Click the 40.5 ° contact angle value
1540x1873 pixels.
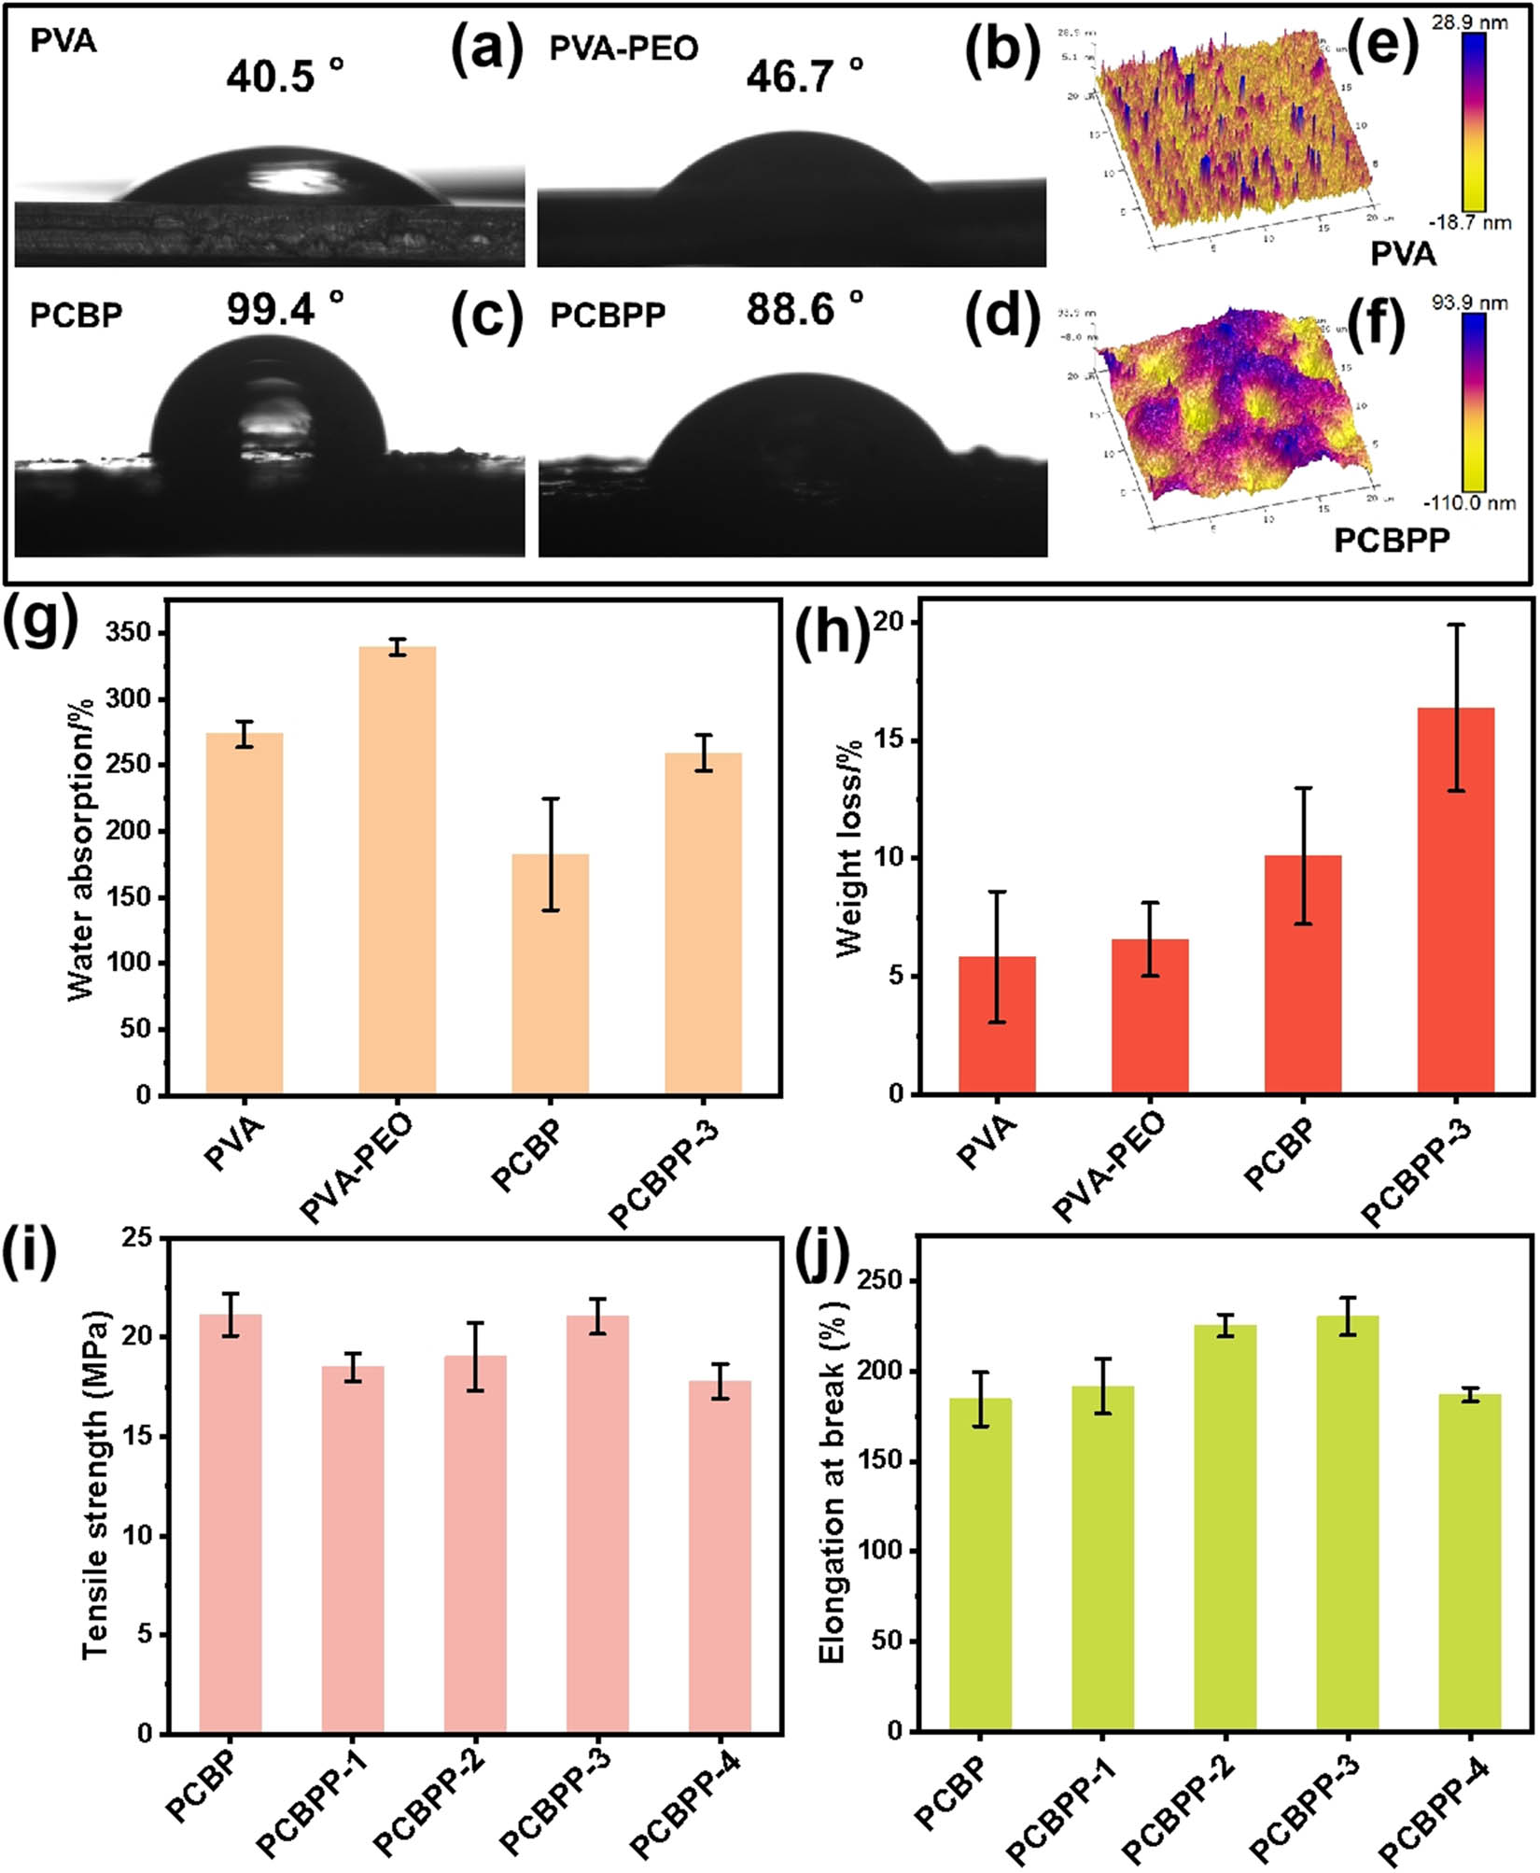(x=285, y=75)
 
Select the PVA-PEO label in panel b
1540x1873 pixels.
(x=623, y=49)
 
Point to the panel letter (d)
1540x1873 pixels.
(x=1001, y=315)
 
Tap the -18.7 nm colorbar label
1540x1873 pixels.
(x=1470, y=222)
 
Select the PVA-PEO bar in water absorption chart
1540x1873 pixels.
(x=398, y=868)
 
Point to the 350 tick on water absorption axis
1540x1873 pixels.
(x=131, y=633)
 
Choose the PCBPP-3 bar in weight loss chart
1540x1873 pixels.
(x=1455, y=901)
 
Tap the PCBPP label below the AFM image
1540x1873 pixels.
(x=1392, y=541)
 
